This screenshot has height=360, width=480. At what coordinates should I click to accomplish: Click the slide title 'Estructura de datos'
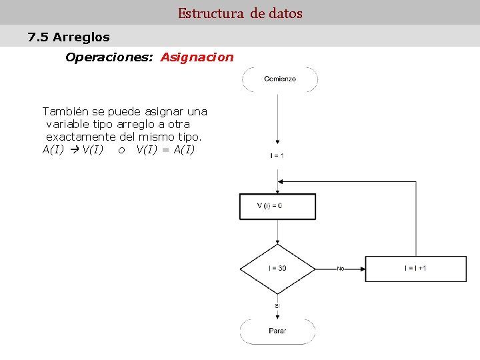[240, 13]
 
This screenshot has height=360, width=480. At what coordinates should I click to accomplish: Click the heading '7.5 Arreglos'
[69, 37]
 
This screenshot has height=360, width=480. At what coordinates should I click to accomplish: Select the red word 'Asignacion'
[197, 57]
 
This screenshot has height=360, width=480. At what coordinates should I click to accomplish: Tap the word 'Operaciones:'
[110, 57]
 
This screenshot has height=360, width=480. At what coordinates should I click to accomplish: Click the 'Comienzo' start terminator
[280, 79]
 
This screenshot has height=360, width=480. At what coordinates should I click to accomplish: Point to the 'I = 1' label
[277, 156]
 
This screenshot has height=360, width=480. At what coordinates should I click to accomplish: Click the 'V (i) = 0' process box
[277, 206]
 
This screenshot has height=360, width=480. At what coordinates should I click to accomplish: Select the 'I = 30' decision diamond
[277, 269]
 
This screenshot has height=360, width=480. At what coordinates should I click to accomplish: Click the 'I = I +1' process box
[415, 269]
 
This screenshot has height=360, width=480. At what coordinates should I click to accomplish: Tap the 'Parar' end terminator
[277, 331]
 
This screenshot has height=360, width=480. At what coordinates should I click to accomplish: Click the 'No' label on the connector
[340, 269]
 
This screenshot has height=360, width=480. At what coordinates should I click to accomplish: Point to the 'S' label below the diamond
[277, 306]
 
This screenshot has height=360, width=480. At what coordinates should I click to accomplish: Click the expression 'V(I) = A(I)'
[165, 149]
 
